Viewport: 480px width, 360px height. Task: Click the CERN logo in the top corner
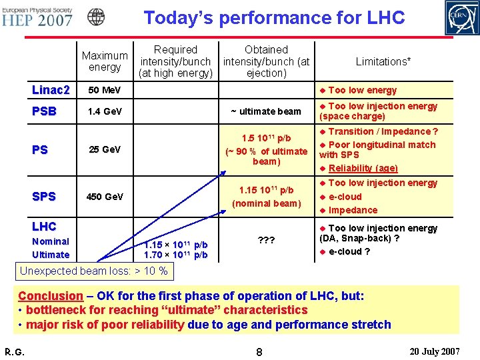[461, 17]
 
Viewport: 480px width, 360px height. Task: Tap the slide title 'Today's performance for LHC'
[274, 18]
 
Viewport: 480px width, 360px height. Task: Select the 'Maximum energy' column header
[105, 61]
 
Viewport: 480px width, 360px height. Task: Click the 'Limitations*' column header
[383, 61]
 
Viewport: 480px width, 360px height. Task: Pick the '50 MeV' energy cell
[105, 90]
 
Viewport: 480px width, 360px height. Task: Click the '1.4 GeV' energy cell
[105, 111]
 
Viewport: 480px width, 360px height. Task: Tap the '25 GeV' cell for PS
[105, 150]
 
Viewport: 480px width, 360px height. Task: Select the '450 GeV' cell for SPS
[105, 197]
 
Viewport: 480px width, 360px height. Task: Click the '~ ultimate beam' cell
[266, 111]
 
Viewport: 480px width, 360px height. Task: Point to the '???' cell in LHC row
[266, 244]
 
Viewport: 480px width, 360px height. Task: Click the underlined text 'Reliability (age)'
[363, 168]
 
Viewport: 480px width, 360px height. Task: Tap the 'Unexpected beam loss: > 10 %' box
[93, 271]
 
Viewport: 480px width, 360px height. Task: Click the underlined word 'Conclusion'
[51, 295]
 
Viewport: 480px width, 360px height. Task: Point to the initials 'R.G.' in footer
[15, 350]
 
